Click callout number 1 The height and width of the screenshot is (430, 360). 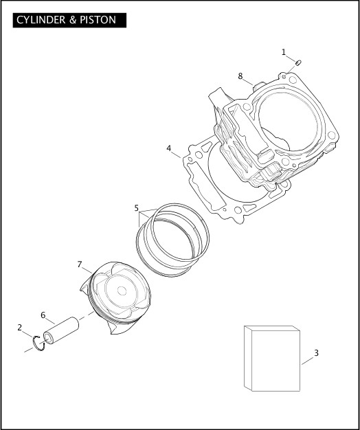283,52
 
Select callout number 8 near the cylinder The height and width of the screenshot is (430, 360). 240,76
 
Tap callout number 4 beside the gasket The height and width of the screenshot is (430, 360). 168,148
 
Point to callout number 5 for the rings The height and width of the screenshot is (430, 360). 137,207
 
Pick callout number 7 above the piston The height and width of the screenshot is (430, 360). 80,264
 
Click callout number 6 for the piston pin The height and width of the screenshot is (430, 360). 43,315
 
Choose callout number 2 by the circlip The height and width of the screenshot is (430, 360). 20,327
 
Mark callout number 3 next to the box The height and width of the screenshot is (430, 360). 316,353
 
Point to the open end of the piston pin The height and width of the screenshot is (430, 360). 47,337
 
